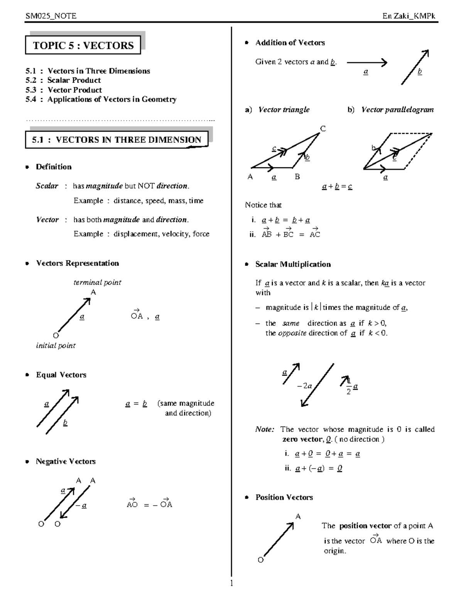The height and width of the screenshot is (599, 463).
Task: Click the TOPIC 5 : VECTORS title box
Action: point(83,46)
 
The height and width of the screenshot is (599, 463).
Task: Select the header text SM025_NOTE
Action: point(51,16)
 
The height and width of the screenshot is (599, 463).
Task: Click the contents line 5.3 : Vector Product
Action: point(64,90)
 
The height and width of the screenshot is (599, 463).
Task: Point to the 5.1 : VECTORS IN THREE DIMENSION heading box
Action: point(117,140)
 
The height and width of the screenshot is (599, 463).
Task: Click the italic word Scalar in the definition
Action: point(47,186)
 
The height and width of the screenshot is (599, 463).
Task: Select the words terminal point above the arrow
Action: point(97,282)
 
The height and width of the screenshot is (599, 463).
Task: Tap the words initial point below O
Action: point(56,346)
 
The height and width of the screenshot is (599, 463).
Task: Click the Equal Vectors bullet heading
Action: point(61,375)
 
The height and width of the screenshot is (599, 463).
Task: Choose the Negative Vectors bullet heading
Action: point(66,461)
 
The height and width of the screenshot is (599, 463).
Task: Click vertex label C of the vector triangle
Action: point(323,129)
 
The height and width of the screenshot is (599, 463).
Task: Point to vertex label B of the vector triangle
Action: point(297,177)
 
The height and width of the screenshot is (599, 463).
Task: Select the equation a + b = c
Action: point(337,187)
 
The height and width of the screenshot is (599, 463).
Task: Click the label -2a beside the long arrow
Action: point(304,386)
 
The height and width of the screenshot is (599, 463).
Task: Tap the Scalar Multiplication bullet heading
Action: point(293,264)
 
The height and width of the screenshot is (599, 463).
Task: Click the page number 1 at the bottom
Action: point(231,583)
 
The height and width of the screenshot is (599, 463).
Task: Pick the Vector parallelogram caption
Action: point(397,110)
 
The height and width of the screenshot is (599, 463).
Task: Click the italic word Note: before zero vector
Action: point(265,429)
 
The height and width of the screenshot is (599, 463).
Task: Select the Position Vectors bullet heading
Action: point(284,497)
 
